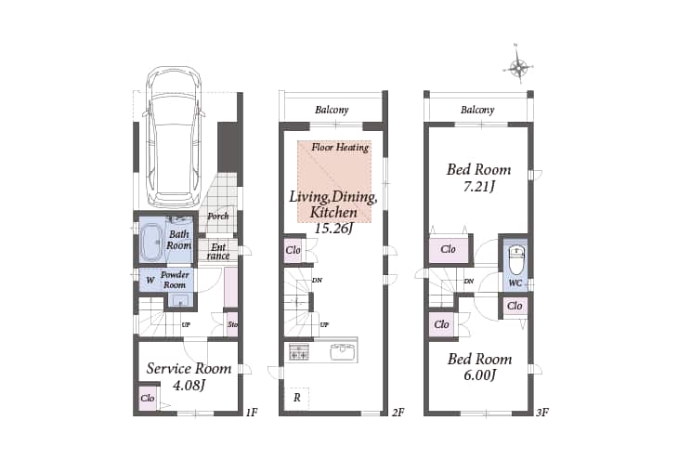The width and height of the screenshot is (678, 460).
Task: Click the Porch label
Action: [218, 216]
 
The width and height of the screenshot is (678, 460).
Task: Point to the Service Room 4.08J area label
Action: [189, 376]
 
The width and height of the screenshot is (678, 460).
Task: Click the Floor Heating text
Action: [340, 148]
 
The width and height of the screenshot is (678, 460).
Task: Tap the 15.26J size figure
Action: [333, 228]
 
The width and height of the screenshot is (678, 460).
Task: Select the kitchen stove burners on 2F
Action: [299, 352]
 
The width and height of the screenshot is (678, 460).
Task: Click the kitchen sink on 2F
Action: [344, 352]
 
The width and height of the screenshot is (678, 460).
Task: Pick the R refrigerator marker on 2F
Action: [297, 398]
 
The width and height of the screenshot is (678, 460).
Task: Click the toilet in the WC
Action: [516, 259]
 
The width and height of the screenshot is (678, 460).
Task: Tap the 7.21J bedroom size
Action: [479, 187]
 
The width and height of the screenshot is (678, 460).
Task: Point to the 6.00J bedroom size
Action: [479, 375]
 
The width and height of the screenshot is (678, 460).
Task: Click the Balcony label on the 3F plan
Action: [477, 110]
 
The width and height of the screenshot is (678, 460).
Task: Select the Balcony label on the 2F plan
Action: [332, 110]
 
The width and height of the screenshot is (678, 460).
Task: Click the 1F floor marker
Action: [252, 413]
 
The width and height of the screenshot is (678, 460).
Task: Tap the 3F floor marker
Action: [542, 413]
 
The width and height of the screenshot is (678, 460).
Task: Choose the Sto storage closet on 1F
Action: [232, 324]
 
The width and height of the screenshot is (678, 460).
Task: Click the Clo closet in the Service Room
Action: [148, 398]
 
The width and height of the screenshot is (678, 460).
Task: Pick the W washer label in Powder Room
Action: [150, 280]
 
